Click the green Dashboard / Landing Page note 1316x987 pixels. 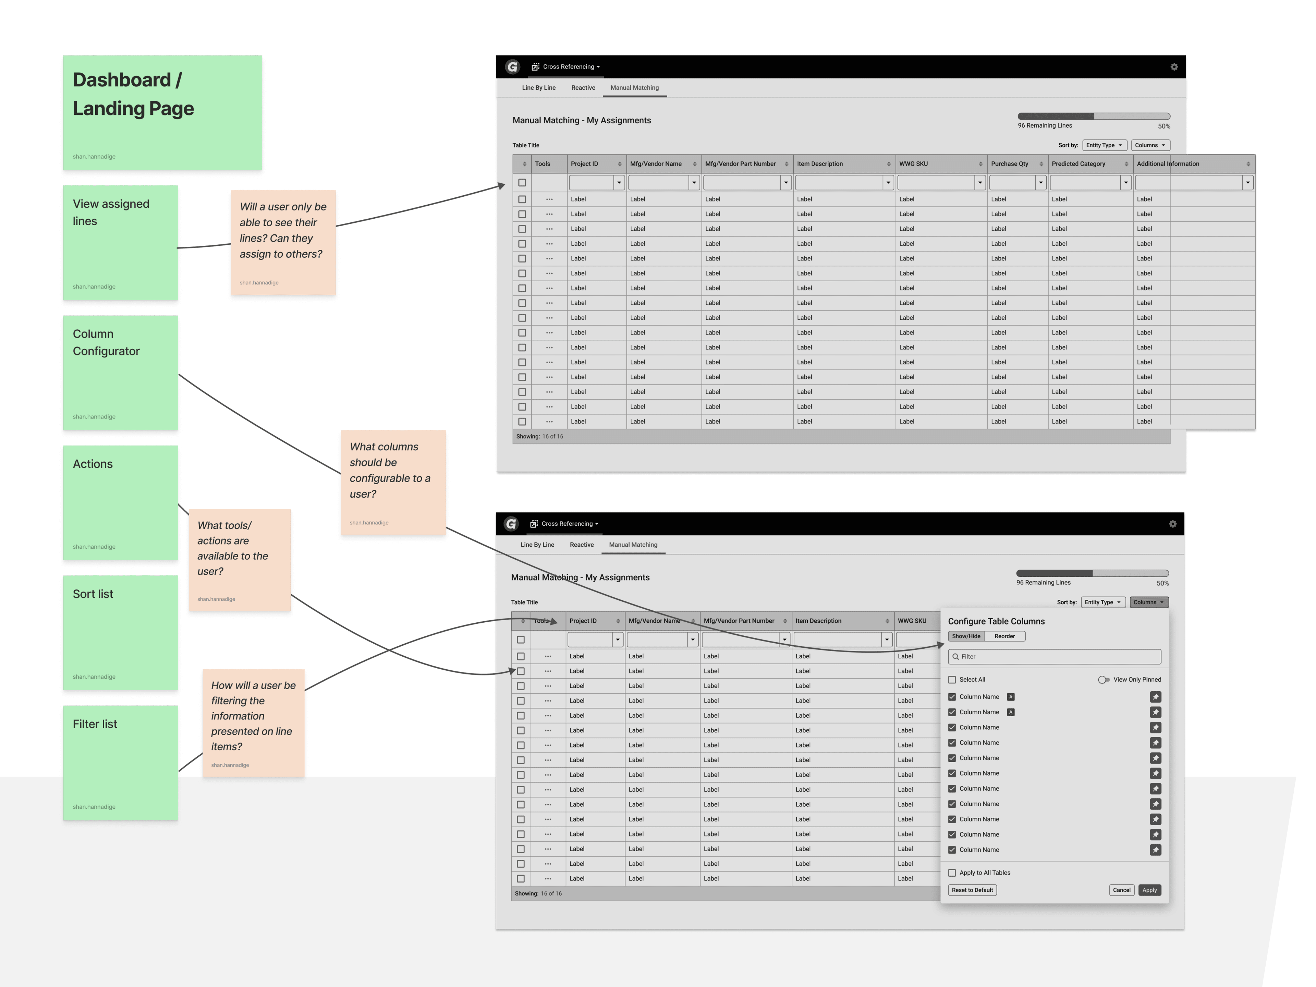click(x=162, y=112)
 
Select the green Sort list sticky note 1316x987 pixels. click(x=120, y=632)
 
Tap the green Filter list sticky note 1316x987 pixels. click(x=120, y=763)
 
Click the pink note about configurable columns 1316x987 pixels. click(x=393, y=483)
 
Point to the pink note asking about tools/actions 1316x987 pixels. click(x=240, y=560)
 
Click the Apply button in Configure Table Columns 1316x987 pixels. click(x=1149, y=890)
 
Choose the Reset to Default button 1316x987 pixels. click(x=972, y=890)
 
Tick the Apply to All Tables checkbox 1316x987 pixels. click(x=952, y=873)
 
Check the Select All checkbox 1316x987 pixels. click(x=952, y=679)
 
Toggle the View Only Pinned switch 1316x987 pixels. click(x=1104, y=679)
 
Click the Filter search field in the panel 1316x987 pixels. click(x=1054, y=656)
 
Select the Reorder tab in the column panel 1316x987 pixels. click(x=1005, y=636)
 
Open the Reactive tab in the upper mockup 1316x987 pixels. click(x=583, y=87)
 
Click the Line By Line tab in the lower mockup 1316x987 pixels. click(x=537, y=544)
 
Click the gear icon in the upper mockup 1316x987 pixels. click(x=1174, y=66)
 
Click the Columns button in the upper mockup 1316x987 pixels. click(x=1150, y=145)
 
